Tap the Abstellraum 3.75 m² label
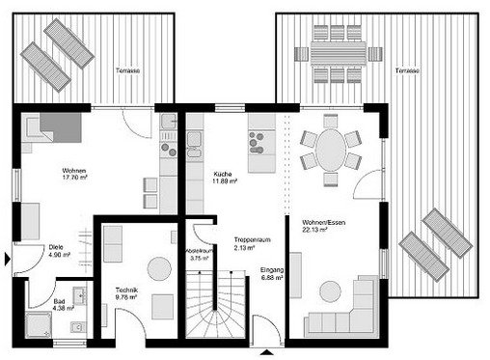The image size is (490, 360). [200, 255]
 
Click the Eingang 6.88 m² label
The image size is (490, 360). [272, 275]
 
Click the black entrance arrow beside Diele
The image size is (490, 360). [9, 258]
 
